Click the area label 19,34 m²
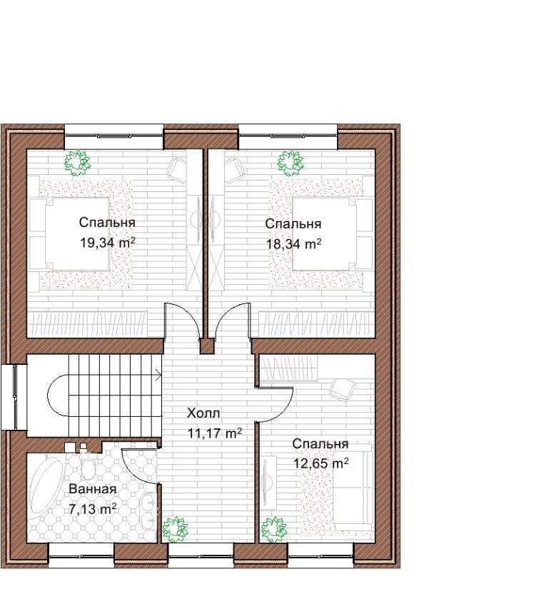click(108, 242)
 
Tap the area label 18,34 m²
click(293, 243)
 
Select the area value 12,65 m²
click(320, 463)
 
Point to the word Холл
click(203, 413)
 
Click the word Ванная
click(93, 489)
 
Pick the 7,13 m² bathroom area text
click(92, 509)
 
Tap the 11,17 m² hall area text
click(214, 433)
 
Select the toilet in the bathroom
click(88, 465)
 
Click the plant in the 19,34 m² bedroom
click(78, 162)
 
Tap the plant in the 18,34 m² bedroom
click(290, 162)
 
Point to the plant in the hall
click(175, 529)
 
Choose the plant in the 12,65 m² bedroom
click(274, 529)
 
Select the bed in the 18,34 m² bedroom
click(328, 233)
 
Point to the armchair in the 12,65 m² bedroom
click(343, 389)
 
